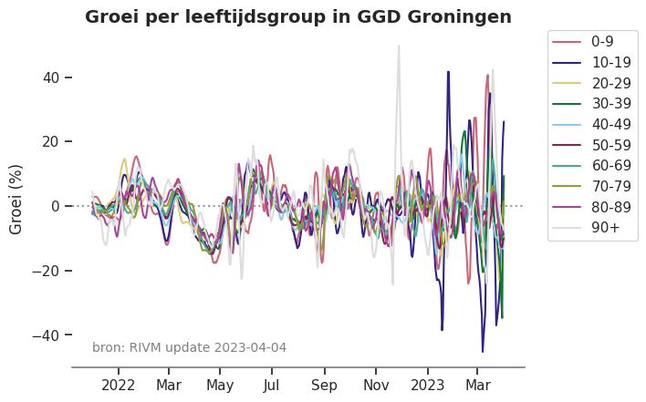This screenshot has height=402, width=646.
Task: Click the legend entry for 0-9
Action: (x=602, y=41)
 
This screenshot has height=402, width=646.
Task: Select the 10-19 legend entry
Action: (x=607, y=62)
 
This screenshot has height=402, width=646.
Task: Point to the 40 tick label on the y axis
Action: (x=51, y=77)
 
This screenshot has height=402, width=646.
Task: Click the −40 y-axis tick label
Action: (x=47, y=335)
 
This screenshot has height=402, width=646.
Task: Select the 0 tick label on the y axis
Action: (x=56, y=206)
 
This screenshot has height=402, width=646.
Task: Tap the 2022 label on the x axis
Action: (x=119, y=385)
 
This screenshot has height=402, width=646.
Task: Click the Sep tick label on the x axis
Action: (x=324, y=385)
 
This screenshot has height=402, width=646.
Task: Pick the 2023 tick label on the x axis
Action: (x=427, y=385)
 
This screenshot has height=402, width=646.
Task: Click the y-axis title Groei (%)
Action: (x=16, y=199)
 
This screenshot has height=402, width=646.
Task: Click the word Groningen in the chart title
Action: (x=461, y=17)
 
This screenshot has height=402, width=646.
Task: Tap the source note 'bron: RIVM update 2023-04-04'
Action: (x=189, y=347)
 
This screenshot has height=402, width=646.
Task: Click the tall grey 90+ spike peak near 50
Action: (x=399, y=46)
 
